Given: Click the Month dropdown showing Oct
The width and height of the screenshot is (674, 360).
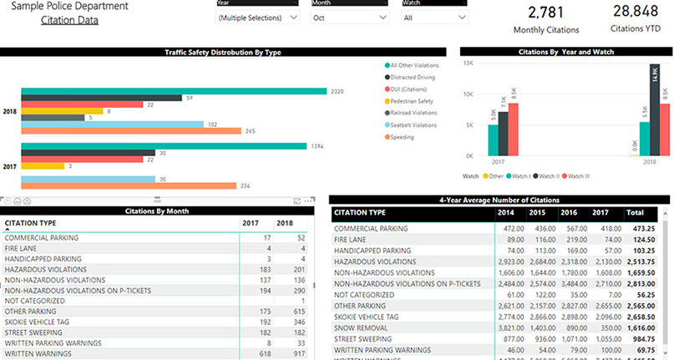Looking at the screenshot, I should (x=349, y=18).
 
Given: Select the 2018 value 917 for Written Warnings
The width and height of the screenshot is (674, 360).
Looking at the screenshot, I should (x=284, y=354).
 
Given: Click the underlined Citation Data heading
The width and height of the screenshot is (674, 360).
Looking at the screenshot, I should (x=69, y=19).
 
